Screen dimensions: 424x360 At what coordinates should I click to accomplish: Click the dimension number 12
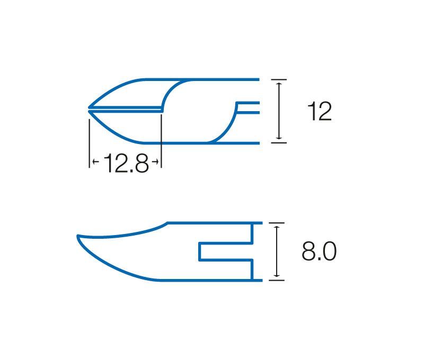click(320, 111)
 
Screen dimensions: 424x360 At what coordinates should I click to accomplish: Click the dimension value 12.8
click(126, 163)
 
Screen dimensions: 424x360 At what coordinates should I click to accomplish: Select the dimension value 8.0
click(319, 251)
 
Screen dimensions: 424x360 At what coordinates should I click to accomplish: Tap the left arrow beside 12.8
click(96, 162)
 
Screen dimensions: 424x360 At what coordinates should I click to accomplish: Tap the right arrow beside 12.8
click(155, 162)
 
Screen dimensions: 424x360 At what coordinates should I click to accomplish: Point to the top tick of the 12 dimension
click(279, 79)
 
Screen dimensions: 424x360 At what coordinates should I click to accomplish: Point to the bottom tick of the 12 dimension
click(279, 142)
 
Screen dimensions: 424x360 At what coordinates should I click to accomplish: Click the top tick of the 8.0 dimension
click(276, 223)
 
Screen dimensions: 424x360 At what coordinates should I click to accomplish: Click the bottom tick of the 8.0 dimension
click(276, 281)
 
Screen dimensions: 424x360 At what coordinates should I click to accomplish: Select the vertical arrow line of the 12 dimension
click(279, 111)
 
